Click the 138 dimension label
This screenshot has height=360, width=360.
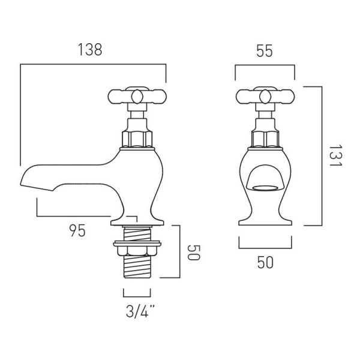click(90, 50)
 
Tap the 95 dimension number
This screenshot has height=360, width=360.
click(77, 230)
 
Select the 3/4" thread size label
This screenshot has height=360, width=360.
click(140, 311)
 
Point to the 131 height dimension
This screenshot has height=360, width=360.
click(335, 156)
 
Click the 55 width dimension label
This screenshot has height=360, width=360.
click(265, 51)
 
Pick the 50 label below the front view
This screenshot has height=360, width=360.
click(265, 262)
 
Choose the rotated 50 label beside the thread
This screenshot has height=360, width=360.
click(194, 253)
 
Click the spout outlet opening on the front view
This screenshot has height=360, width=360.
click(265, 188)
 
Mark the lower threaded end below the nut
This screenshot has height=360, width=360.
click(137, 267)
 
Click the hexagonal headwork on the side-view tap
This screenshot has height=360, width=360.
click(137, 139)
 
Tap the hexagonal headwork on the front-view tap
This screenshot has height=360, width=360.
click(265, 139)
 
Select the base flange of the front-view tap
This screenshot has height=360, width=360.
click(265, 223)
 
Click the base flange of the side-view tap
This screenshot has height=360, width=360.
click(137, 223)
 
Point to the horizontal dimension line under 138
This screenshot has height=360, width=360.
click(93, 64)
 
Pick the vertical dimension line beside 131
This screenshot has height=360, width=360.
click(322, 156)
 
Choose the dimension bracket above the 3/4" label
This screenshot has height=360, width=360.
click(137, 296)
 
